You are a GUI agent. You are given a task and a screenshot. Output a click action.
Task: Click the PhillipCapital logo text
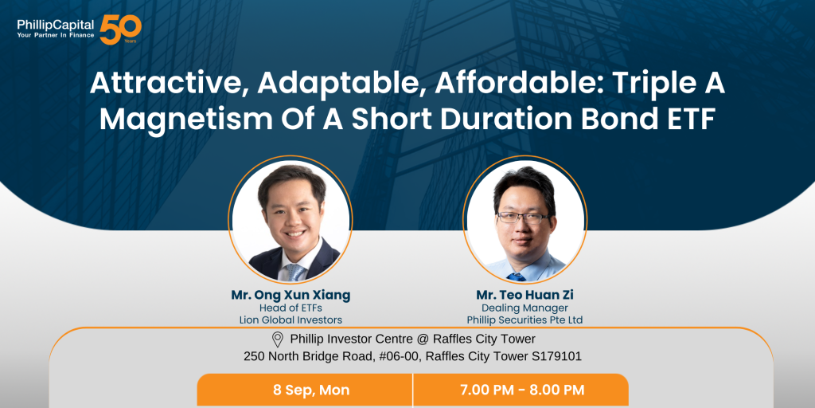click(56, 25)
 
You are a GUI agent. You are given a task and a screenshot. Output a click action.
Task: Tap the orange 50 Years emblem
click(121, 29)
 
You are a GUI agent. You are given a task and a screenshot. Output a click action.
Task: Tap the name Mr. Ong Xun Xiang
click(291, 295)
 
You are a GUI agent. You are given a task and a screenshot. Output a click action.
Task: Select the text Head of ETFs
click(291, 308)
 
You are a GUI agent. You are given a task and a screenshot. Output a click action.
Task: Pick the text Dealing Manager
click(524, 308)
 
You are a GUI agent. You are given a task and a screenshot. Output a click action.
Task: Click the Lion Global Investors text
click(291, 320)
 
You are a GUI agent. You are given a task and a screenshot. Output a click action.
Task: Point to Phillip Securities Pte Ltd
click(524, 320)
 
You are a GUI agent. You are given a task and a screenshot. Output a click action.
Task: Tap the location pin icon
click(278, 339)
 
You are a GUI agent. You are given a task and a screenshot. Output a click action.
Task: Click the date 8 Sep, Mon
click(311, 390)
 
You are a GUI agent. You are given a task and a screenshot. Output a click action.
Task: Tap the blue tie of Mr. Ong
click(294, 271)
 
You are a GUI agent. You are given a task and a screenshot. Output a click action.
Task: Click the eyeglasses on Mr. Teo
click(522, 218)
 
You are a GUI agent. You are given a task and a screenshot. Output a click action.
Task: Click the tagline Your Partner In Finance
click(56, 35)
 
